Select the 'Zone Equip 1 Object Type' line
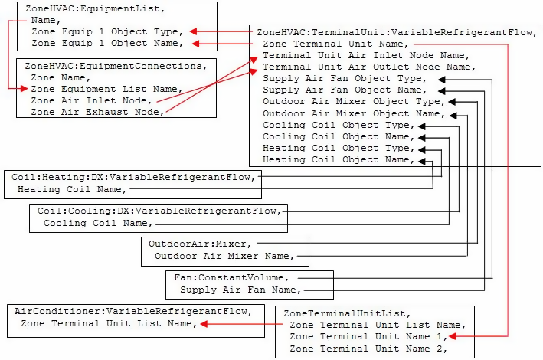(x=106, y=32)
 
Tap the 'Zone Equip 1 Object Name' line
(x=106, y=44)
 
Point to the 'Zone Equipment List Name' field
(x=105, y=89)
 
